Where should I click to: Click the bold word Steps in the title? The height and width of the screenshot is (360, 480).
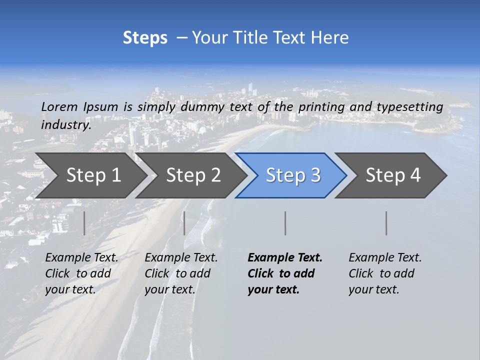click(x=145, y=37)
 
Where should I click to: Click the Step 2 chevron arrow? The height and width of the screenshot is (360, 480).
click(x=192, y=175)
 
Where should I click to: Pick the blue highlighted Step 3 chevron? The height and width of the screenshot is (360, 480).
click(x=292, y=175)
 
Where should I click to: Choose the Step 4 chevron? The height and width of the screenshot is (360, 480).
click(x=392, y=175)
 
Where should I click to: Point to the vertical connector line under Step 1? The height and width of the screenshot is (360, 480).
click(x=84, y=223)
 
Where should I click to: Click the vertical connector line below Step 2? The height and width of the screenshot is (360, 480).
click(x=184, y=223)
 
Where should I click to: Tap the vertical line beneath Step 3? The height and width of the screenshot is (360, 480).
click(x=285, y=223)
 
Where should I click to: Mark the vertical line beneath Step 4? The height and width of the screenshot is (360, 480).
click(x=386, y=223)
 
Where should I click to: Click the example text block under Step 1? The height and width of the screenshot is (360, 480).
click(x=81, y=273)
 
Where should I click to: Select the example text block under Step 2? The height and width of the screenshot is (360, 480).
click(x=181, y=273)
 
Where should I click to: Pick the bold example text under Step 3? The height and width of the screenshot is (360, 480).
click(x=284, y=273)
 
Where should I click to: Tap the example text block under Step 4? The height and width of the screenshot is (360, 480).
click(x=385, y=273)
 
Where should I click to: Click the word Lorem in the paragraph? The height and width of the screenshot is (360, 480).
click(x=59, y=106)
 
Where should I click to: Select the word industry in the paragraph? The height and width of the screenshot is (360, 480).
click(x=65, y=125)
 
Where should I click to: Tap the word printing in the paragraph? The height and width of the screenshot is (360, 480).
click(x=320, y=107)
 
